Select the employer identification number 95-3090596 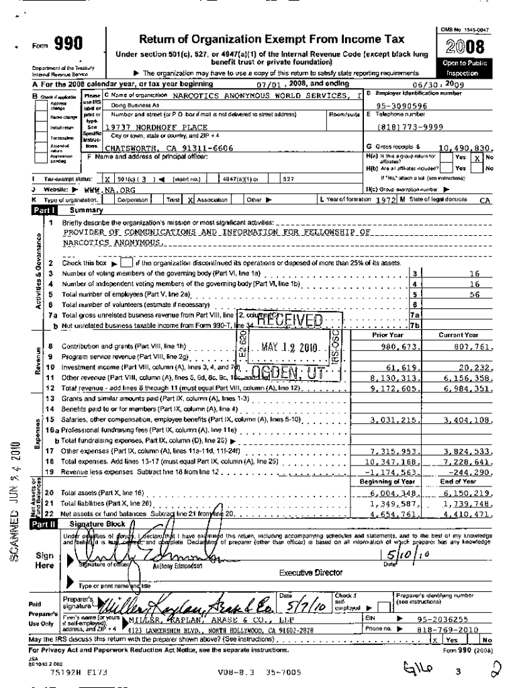402,105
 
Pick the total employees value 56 475,294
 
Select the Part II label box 44,523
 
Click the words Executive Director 311,572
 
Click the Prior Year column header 387,335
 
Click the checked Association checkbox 191,200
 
